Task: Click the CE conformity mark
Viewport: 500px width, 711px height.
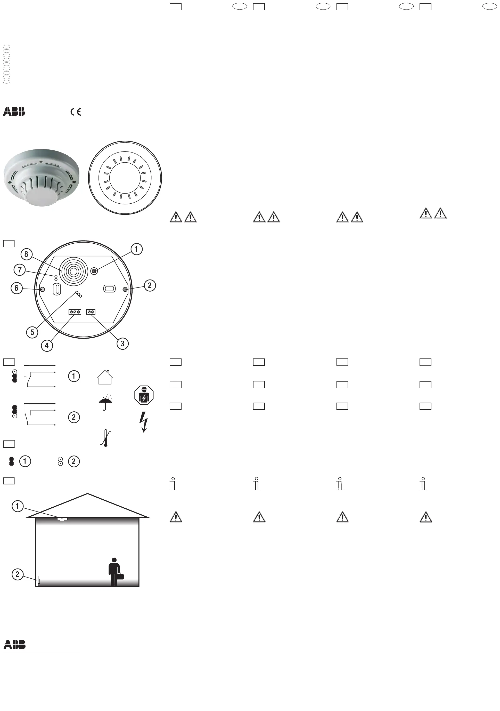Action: (x=76, y=112)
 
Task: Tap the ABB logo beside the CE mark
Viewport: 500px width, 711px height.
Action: (x=14, y=111)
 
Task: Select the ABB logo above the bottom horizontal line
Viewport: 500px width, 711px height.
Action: (x=14, y=645)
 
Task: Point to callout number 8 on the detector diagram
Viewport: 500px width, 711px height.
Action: (x=26, y=254)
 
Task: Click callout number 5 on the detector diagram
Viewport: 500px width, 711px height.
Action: (x=32, y=333)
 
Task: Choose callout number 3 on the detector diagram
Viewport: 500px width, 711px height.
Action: (x=122, y=343)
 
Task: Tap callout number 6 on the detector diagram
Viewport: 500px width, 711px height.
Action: (x=17, y=288)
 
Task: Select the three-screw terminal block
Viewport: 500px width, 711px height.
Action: (x=75, y=312)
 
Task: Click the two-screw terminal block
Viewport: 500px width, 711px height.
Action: (x=91, y=312)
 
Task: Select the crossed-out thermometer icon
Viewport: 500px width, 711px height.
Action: (x=105, y=438)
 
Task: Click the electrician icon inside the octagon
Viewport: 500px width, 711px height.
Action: (x=144, y=395)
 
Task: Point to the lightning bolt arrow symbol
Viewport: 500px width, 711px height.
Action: (x=144, y=421)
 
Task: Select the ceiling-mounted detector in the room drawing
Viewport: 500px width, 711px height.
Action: (x=62, y=518)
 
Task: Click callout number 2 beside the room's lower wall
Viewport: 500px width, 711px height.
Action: (x=17, y=574)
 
